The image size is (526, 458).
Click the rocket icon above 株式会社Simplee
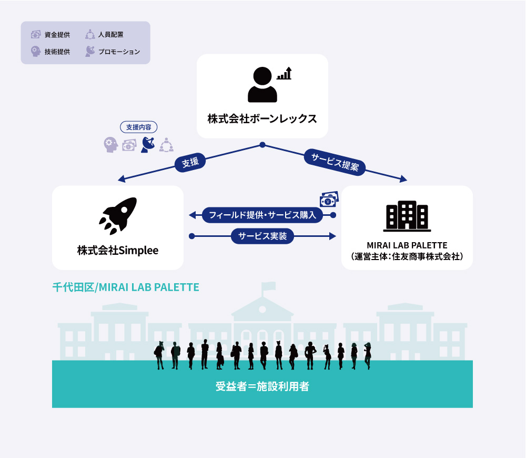pos(118,216)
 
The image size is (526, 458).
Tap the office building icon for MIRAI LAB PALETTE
pos(407,216)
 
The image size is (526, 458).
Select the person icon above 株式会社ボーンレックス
pos(262,84)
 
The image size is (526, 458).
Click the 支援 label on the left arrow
pos(190,163)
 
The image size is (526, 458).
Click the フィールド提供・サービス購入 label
pos(262,215)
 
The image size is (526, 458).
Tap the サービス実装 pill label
pos(262,236)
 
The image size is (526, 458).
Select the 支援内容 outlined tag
pos(139,127)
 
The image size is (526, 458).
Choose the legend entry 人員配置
pos(110,35)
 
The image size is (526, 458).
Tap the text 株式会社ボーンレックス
pos(262,118)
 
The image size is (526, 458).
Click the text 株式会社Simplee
pos(118,251)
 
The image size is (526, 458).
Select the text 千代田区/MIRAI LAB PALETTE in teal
pos(126,287)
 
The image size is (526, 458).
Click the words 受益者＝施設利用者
pos(262,387)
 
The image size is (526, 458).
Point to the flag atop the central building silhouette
pos(269,286)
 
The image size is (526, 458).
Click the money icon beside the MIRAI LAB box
pos(329,200)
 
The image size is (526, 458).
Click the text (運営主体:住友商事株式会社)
pos(407,257)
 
